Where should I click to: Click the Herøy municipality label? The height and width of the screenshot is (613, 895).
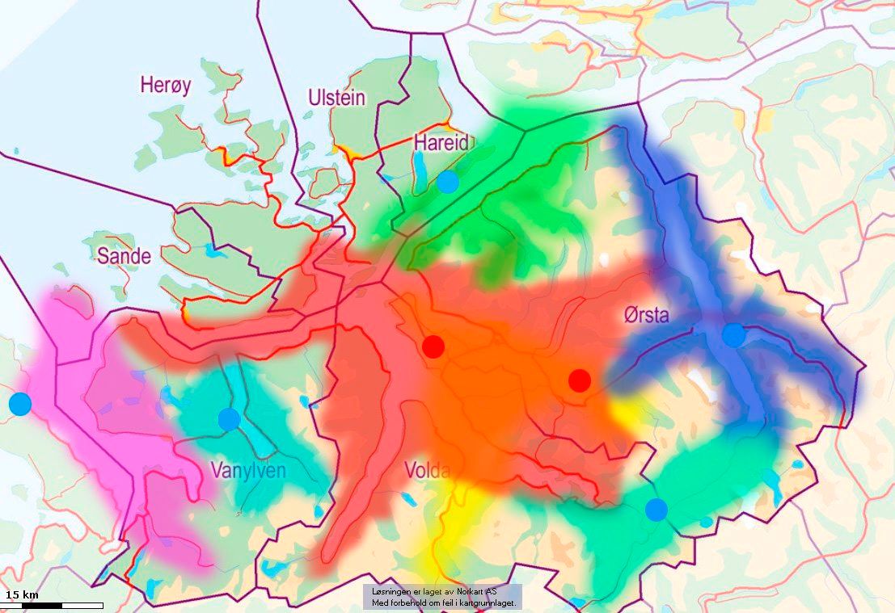click(166, 84)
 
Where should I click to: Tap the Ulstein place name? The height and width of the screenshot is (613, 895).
click(337, 99)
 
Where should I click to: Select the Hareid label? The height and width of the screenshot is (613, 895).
click(441, 143)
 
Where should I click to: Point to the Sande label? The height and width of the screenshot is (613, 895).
click(124, 256)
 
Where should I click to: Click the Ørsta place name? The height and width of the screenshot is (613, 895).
click(647, 315)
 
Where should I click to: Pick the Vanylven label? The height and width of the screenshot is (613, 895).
click(248, 470)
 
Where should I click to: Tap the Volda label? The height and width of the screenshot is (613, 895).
click(426, 470)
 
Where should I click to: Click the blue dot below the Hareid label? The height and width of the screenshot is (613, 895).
click(447, 182)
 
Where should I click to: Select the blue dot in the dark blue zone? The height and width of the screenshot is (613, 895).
click(733, 334)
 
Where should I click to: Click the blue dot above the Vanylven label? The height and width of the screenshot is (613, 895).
click(229, 419)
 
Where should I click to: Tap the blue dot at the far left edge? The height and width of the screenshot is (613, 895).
click(19, 403)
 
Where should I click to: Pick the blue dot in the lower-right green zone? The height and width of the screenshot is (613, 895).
click(656, 510)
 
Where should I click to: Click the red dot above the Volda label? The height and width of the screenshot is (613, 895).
click(434, 346)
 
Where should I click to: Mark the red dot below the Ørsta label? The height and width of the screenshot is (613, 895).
click(579, 380)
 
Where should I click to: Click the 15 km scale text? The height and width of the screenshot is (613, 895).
click(22, 595)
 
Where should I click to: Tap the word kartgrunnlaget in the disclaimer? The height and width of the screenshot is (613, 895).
click(488, 603)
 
